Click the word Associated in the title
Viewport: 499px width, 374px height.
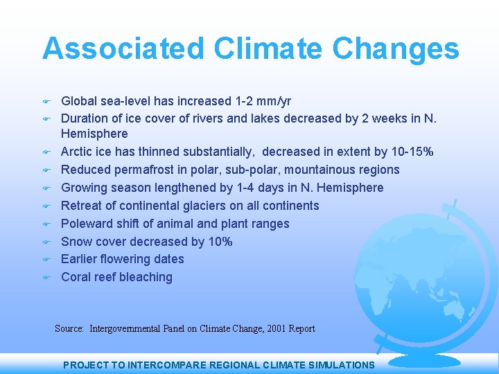click(123, 49)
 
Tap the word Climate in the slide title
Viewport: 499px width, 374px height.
click(268, 49)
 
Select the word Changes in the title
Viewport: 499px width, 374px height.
click(396, 49)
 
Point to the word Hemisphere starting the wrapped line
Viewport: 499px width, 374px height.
click(94, 134)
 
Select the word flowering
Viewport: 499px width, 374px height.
click(130, 259)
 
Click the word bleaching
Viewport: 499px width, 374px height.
click(145, 277)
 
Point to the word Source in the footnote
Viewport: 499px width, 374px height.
click(69, 328)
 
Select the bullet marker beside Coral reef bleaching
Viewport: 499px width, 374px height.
click(47, 278)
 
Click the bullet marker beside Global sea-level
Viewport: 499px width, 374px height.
click(47, 102)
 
